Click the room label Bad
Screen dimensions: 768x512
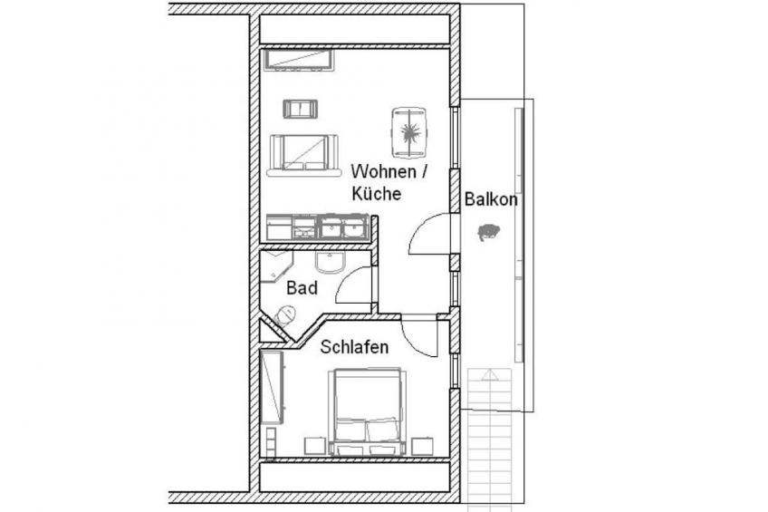click(x=302, y=287)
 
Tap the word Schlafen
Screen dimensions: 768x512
click(x=354, y=347)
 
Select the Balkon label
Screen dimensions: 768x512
click(x=490, y=199)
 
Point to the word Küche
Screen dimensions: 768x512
click(x=376, y=194)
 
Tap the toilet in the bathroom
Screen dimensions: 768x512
click(x=285, y=315)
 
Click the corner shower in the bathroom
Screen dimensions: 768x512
click(x=276, y=266)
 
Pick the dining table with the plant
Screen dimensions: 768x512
click(x=409, y=133)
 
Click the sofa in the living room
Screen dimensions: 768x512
click(x=304, y=155)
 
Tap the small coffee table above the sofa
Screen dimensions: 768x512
click(x=300, y=109)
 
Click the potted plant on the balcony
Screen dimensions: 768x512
click(x=488, y=232)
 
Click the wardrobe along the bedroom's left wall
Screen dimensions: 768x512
click(x=273, y=387)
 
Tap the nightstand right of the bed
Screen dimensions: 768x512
click(x=422, y=447)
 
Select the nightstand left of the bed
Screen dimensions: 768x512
click(x=315, y=447)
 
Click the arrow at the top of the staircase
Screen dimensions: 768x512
click(x=489, y=375)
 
